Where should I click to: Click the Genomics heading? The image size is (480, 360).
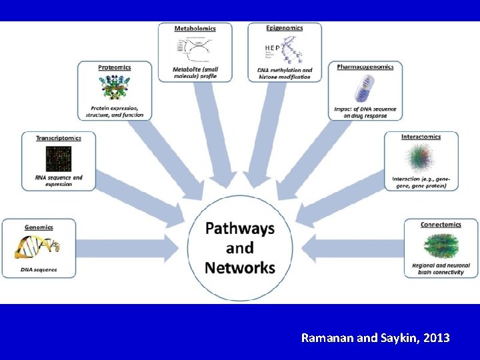[39, 227]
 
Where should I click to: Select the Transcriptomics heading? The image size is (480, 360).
[59, 138]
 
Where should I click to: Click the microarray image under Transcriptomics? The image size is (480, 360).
[59, 159]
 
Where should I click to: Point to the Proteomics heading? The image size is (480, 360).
[115, 67]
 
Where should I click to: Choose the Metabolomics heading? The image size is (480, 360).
[195, 29]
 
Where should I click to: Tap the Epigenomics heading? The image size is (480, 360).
[285, 28]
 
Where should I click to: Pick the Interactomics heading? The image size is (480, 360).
[421, 137]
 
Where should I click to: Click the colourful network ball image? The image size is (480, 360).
[421, 160]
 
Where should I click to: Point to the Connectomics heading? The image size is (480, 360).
[441, 225]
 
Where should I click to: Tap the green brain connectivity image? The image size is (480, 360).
[441, 245]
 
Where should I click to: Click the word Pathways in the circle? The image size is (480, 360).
[239, 229]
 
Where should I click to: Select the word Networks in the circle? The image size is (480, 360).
[239, 268]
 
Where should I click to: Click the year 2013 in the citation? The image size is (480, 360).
[435, 338]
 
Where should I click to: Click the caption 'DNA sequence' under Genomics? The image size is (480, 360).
[38, 269]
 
